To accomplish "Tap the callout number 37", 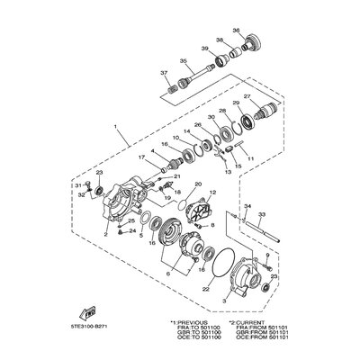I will (164, 72).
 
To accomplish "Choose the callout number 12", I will (212, 193).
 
